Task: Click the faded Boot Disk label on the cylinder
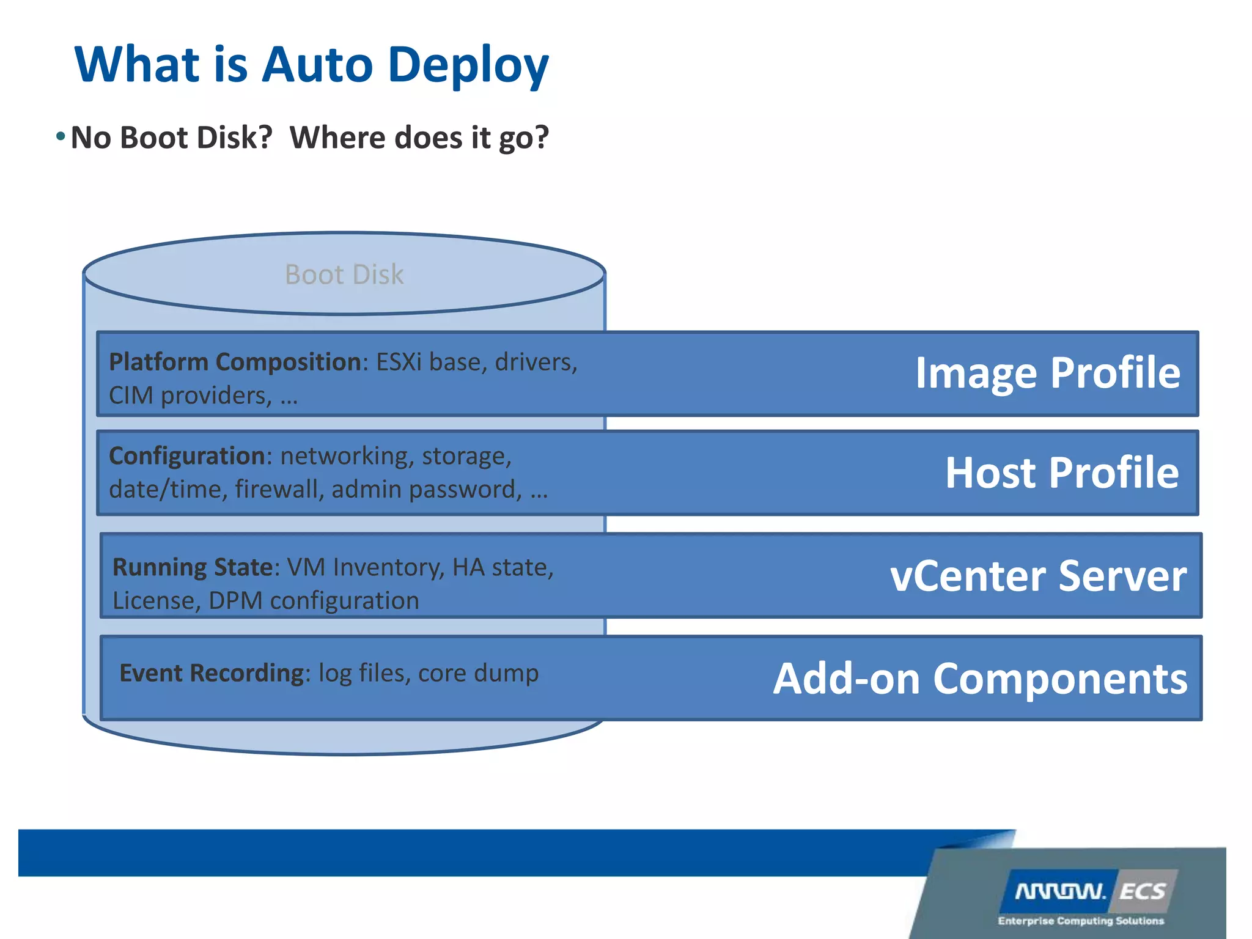[x=344, y=274]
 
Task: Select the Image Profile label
[x=1047, y=372]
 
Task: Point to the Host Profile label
[x=1062, y=473]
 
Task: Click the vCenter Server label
[x=1038, y=576]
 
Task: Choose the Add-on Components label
[x=980, y=679]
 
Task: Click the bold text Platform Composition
[x=235, y=362]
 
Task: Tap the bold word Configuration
[x=186, y=456]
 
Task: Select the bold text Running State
[x=192, y=567]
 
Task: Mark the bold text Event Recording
[x=211, y=673]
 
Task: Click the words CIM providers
[x=190, y=396]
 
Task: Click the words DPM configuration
[x=314, y=601]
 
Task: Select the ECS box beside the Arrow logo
[x=1143, y=892]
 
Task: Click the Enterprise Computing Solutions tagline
[x=1080, y=921]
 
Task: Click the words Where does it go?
[x=419, y=138]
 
